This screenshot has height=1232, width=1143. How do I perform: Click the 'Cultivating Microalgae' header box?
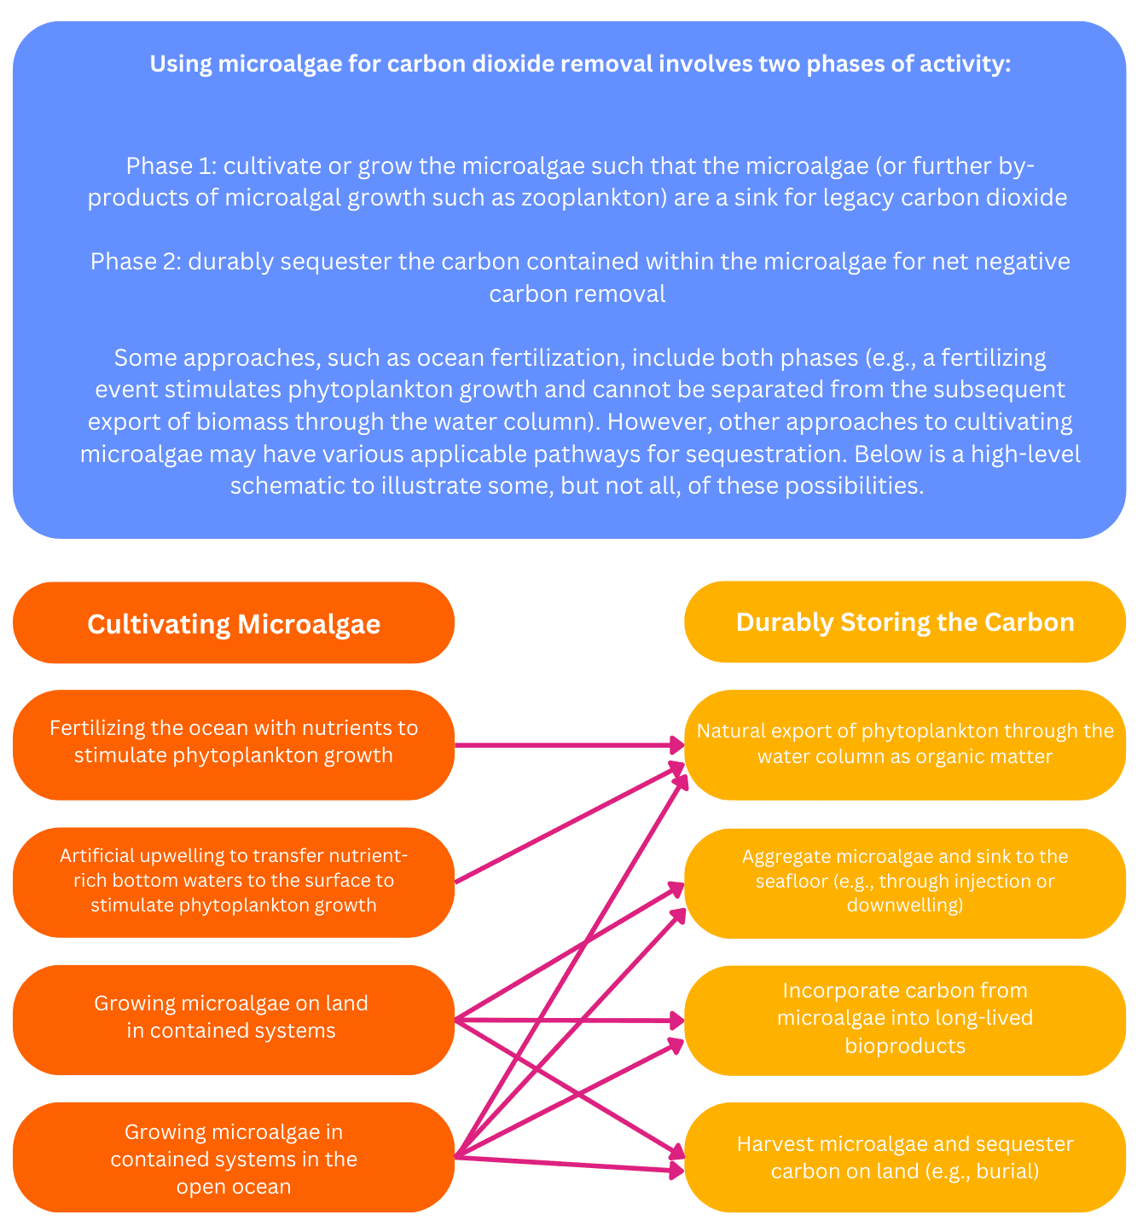click(x=234, y=623)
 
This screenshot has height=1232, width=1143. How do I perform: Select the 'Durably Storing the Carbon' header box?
click(x=904, y=622)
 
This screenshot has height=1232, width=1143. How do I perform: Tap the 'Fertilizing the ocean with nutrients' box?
click(x=234, y=744)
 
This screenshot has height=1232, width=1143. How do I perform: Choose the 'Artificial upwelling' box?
click(x=234, y=882)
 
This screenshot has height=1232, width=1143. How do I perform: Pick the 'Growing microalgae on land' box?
click(x=234, y=1020)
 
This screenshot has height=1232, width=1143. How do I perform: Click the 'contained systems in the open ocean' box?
click(x=234, y=1158)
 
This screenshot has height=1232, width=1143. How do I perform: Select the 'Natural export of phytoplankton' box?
click(x=904, y=744)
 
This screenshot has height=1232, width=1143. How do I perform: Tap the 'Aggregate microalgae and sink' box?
click(x=904, y=883)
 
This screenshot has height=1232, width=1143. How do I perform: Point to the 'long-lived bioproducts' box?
click(x=904, y=1021)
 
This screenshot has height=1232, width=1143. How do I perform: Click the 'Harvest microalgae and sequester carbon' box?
click(x=904, y=1158)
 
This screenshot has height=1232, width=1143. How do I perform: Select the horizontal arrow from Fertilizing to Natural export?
click(x=569, y=745)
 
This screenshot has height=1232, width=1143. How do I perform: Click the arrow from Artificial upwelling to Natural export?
click(x=569, y=824)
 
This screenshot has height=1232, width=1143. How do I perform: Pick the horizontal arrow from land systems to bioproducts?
click(x=569, y=1020)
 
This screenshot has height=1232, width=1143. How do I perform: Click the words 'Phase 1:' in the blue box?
click(x=171, y=165)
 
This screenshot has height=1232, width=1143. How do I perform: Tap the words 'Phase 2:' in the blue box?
click(x=136, y=261)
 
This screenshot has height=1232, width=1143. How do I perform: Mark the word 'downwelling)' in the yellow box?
click(x=904, y=905)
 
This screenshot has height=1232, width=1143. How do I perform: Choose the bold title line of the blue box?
click(x=580, y=64)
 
